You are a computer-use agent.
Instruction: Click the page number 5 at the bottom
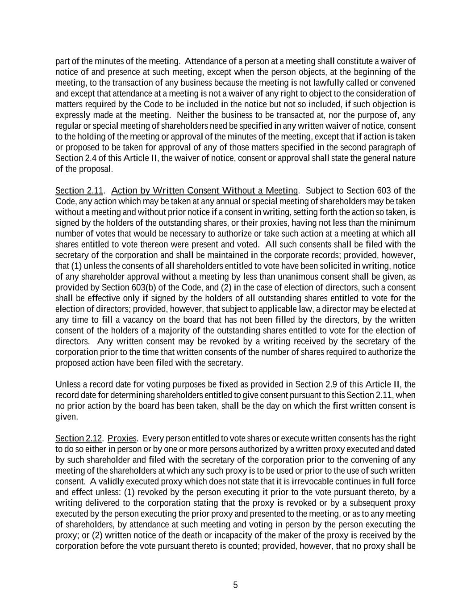[235, 585]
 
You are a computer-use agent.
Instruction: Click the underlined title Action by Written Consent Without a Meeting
[204, 191]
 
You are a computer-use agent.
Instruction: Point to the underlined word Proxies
[122, 438]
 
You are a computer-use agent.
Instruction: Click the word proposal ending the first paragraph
[96, 169]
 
